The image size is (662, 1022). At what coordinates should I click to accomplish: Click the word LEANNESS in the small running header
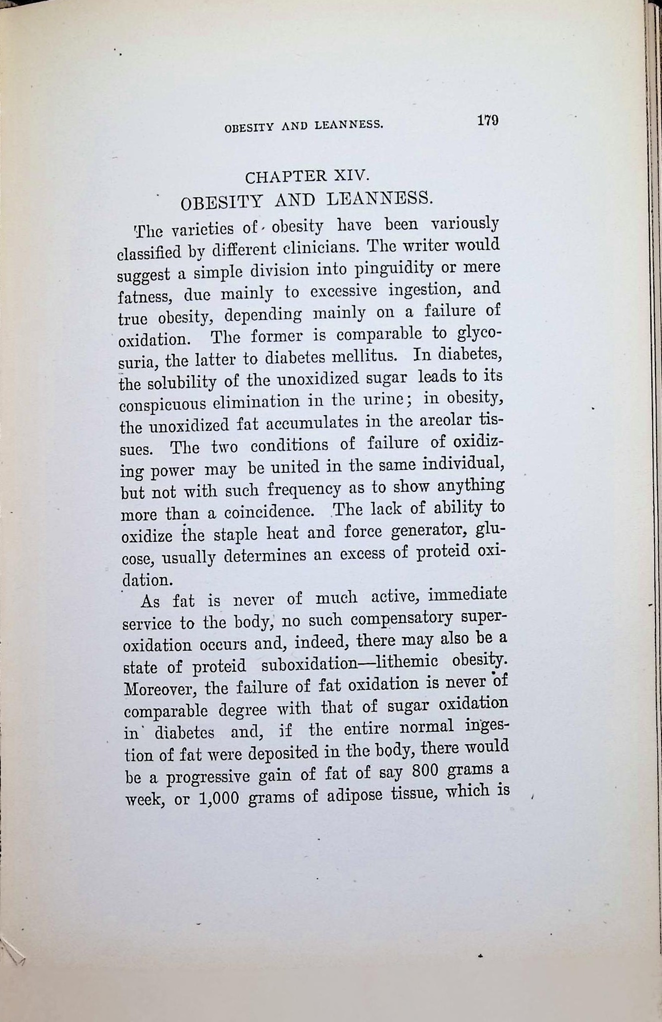click(x=348, y=125)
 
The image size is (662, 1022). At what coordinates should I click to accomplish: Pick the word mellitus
click(x=360, y=357)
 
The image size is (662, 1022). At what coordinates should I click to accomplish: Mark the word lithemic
click(x=406, y=662)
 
